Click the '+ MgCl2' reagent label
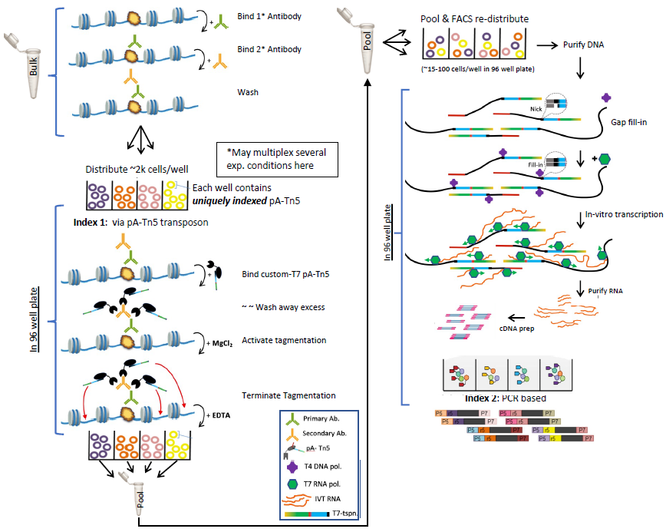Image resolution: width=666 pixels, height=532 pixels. click(214, 340)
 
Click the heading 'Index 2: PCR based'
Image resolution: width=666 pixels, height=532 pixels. click(505, 398)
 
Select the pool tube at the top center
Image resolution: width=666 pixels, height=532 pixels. click(368, 46)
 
